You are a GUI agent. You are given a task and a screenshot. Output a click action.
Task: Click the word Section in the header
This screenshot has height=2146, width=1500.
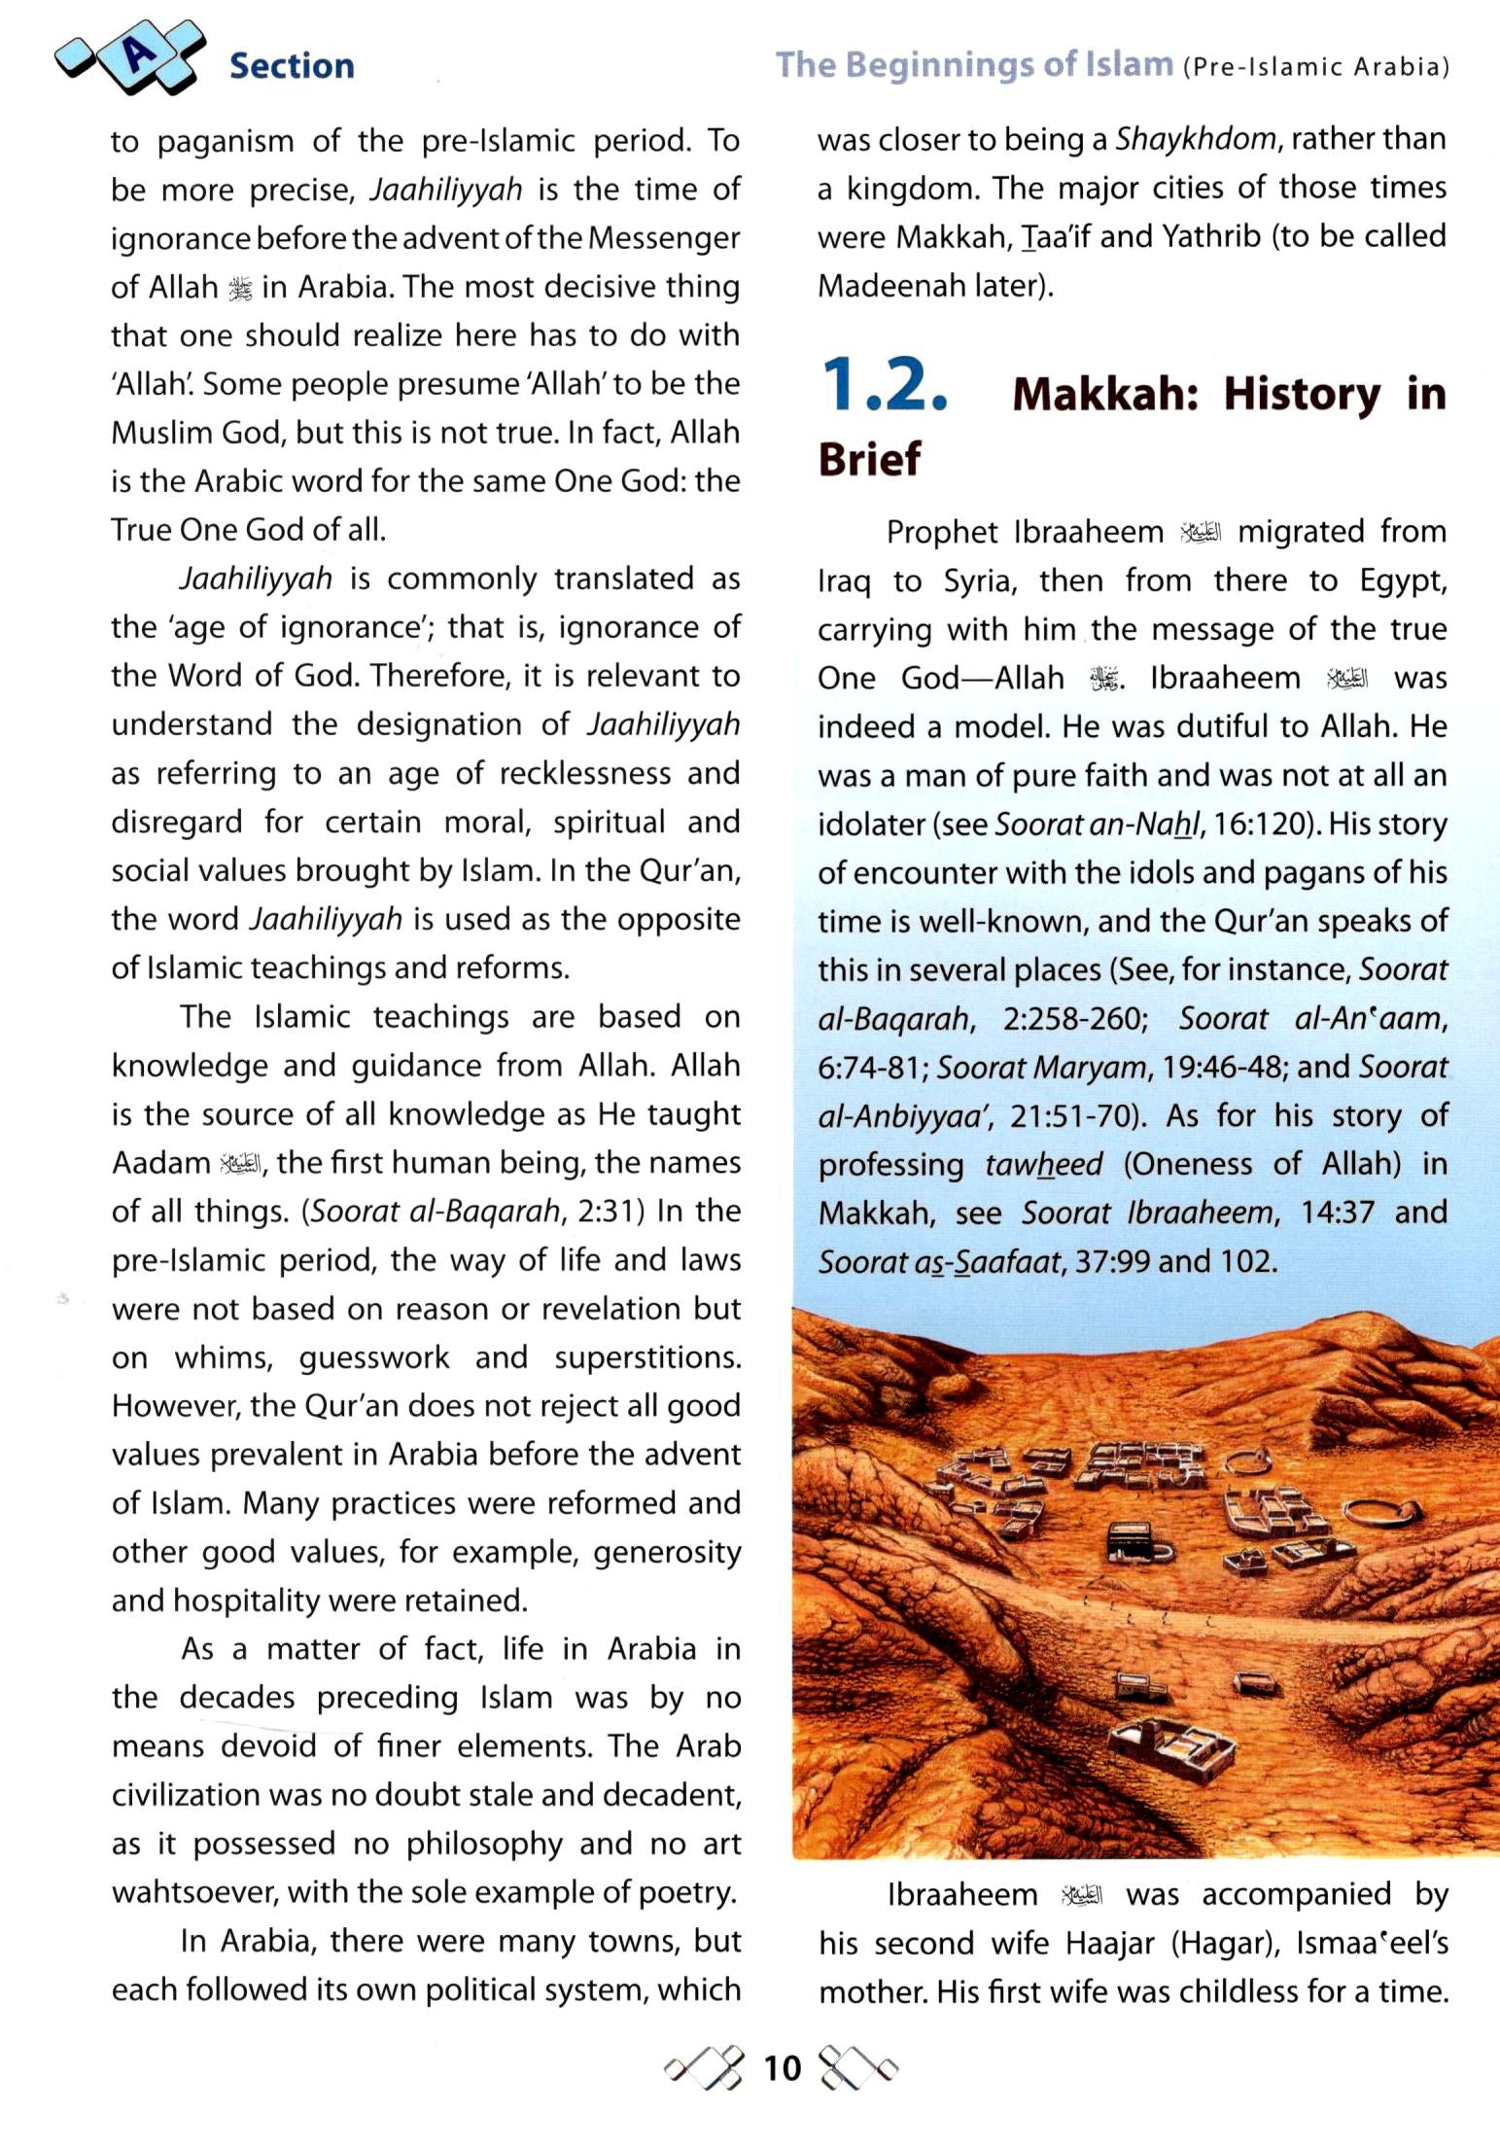[292, 66]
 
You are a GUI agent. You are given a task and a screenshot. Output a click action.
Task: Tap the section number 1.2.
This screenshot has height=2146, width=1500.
[883, 386]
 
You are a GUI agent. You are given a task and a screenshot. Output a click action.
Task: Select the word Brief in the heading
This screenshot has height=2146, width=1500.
[869, 459]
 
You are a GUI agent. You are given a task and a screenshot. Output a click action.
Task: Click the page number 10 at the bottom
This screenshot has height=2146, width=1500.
[782, 2067]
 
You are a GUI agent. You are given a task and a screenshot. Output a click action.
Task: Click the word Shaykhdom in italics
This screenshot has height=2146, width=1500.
[1195, 139]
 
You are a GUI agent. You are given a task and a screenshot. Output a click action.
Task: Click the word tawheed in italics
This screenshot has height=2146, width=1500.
[1043, 1164]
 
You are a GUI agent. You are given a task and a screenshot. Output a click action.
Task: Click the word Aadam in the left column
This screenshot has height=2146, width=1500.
[160, 1163]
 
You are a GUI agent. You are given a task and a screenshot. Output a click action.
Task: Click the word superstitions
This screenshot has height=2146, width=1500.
[646, 1357]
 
